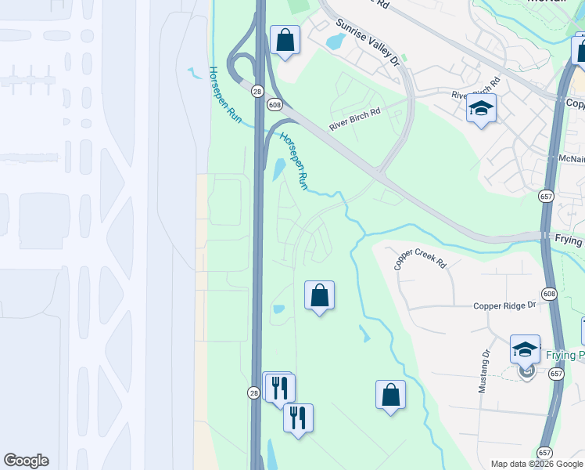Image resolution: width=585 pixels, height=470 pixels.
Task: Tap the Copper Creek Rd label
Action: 420,260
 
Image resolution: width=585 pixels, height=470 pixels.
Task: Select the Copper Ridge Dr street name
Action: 504,305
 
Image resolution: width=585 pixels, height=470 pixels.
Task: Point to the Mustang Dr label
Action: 484,371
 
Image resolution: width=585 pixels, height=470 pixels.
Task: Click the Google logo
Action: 26,461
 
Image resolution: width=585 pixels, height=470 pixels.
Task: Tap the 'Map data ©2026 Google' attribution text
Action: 537,464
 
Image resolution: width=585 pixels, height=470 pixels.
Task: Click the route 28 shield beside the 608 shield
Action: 257,92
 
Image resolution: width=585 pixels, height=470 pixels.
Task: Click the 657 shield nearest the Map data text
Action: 544,453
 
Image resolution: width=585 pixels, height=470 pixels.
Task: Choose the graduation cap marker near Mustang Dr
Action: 525,349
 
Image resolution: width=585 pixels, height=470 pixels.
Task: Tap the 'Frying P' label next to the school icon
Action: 564,355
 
